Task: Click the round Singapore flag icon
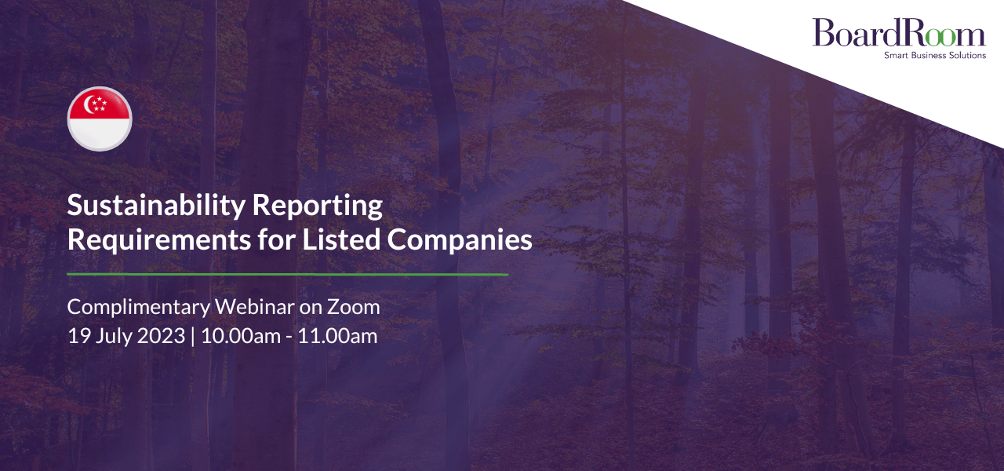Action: tap(100, 119)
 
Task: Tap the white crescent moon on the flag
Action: tap(89, 104)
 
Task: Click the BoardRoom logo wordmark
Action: tap(899, 32)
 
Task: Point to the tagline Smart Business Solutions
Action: tap(935, 55)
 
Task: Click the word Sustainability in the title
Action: tap(156, 206)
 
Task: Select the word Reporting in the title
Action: tap(318, 206)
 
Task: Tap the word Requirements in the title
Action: tap(159, 239)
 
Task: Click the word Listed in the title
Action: tap(341, 239)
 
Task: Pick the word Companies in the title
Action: tap(460, 240)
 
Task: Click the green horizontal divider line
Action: tap(287, 274)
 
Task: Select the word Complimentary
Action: tap(139, 308)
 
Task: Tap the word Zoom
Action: tap(353, 307)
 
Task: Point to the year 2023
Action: tap(161, 336)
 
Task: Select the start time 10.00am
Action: tap(241, 336)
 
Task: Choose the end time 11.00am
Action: tap(338, 336)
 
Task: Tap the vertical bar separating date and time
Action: tap(193, 337)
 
